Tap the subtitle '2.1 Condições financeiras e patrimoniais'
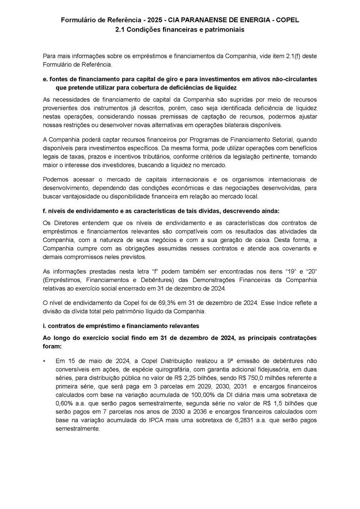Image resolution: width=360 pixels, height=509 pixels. pyautogui.click(x=180, y=29)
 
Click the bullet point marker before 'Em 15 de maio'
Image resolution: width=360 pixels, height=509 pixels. pyautogui.click(x=44, y=361)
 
